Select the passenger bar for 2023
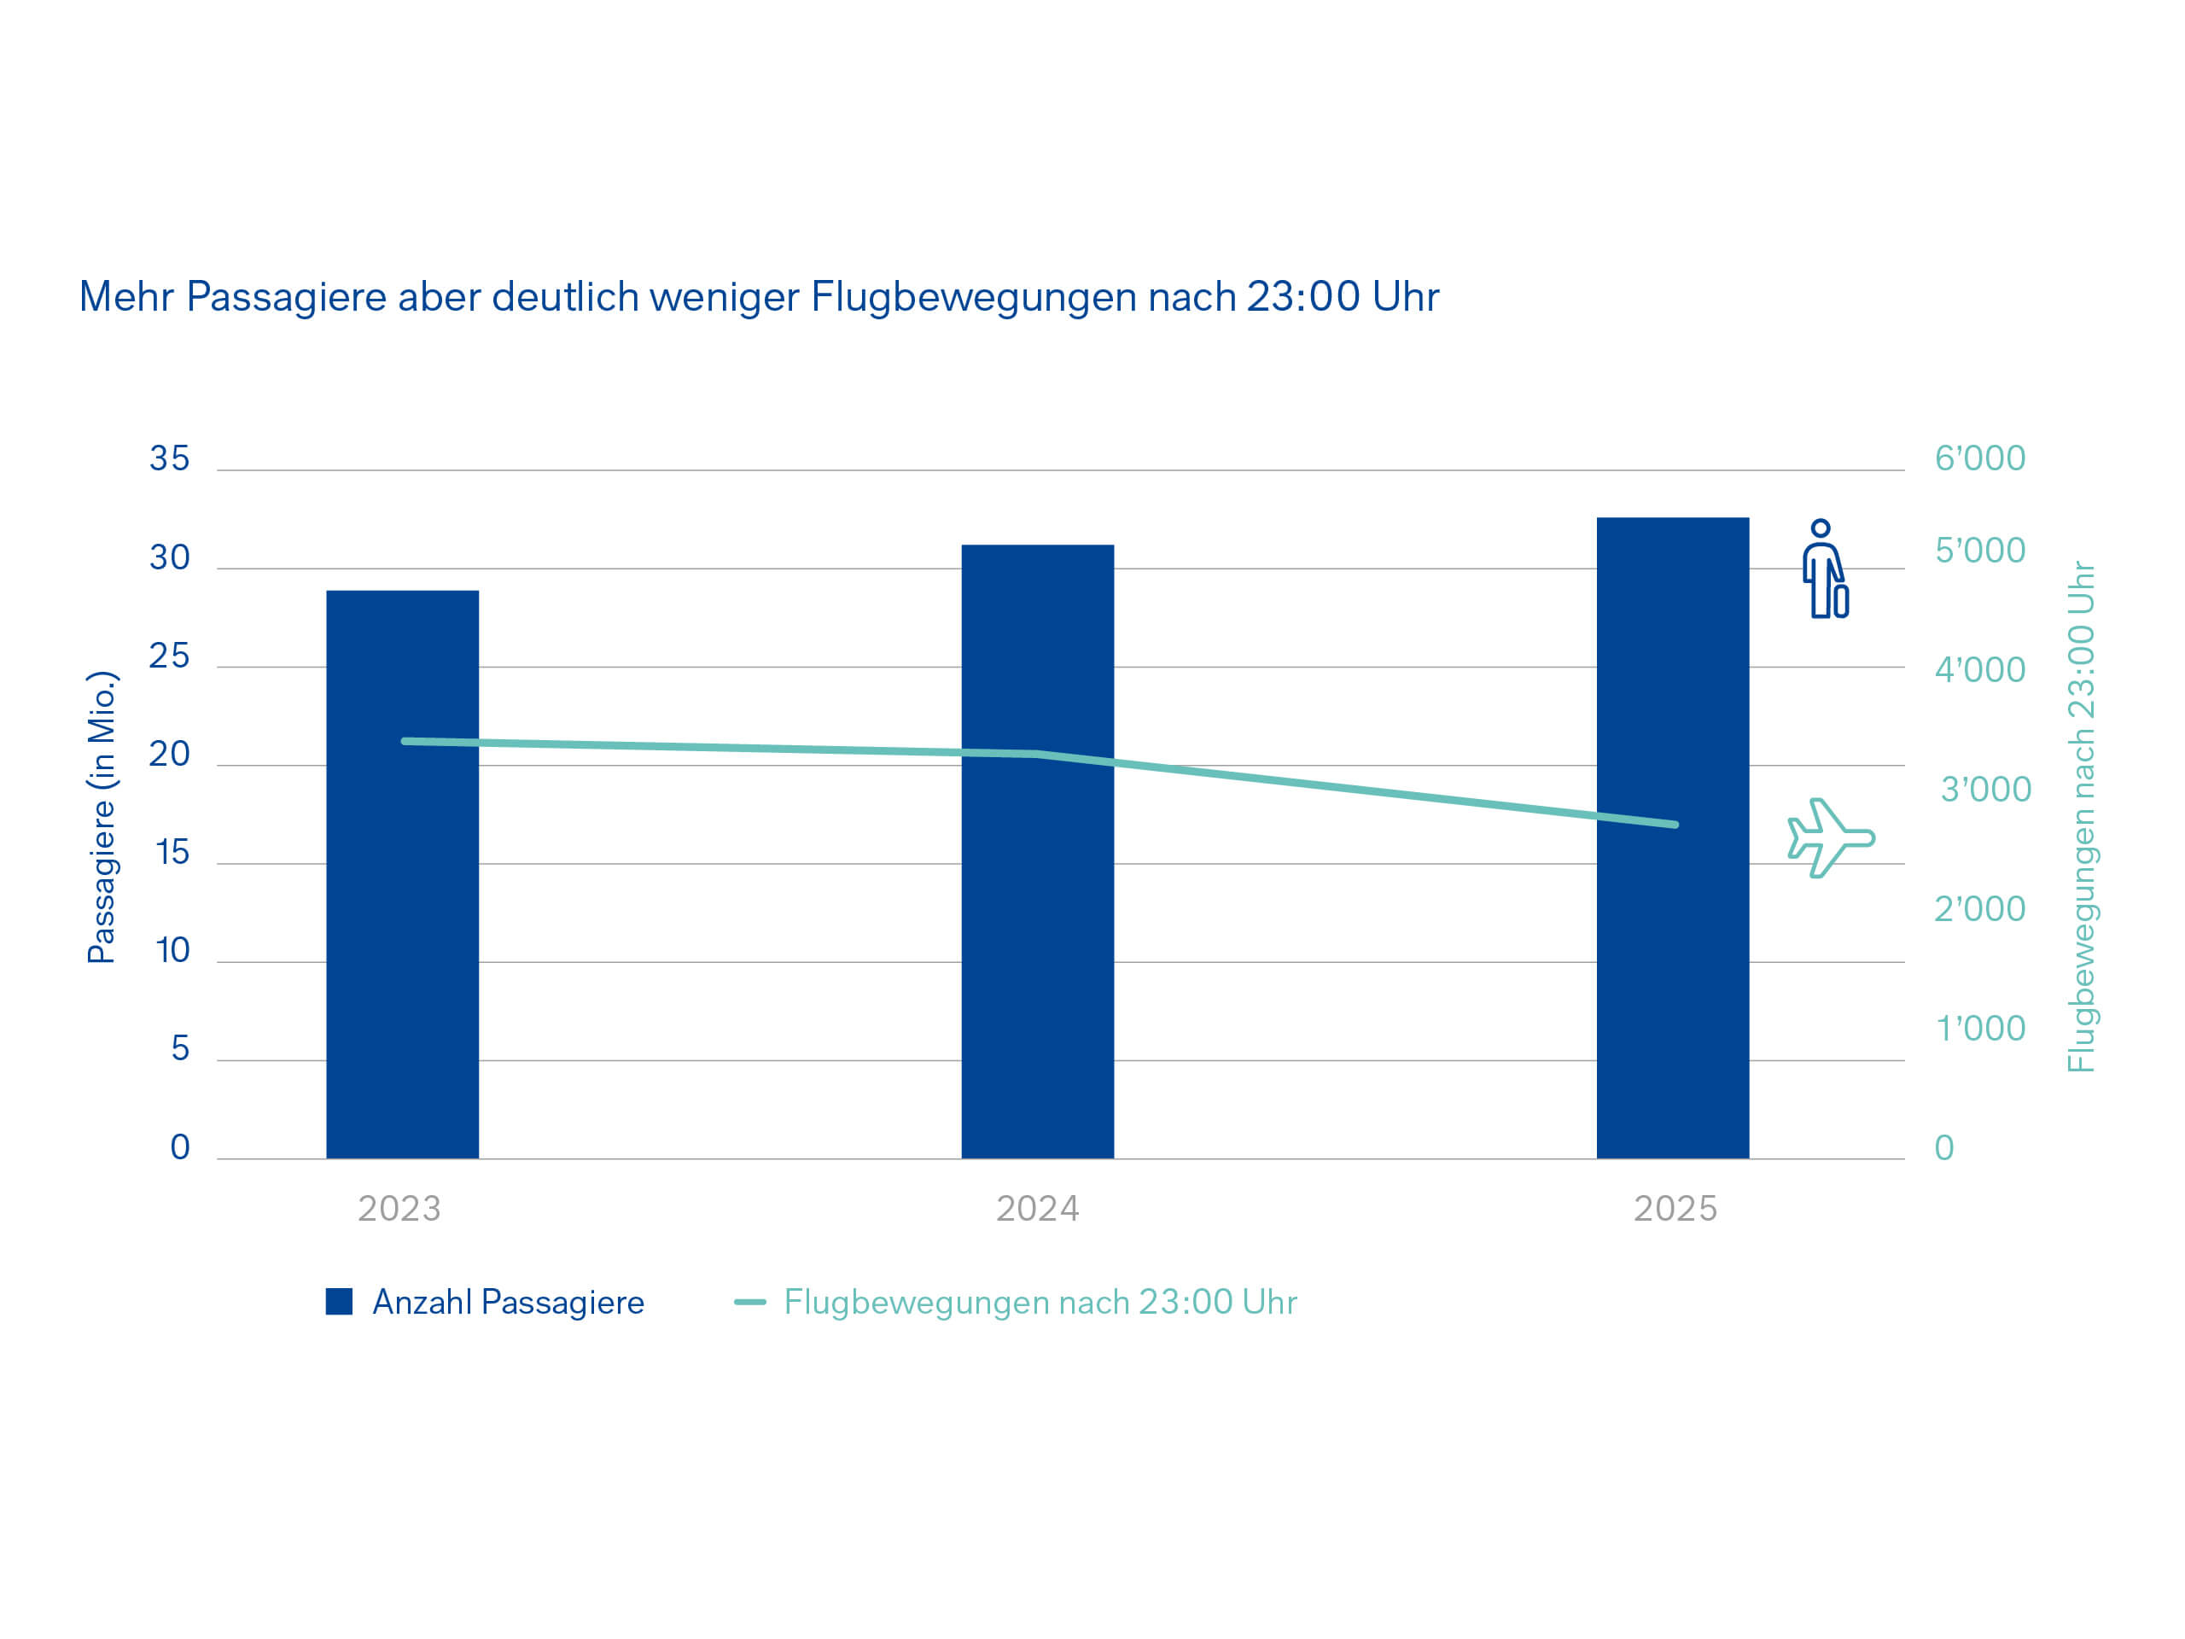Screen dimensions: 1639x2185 click(402, 873)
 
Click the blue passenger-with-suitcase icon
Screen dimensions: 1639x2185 click(1825, 569)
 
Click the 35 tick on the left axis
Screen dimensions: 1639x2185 click(169, 458)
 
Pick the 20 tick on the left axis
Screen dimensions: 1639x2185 click(169, 754)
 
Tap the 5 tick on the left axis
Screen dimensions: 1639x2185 click(180, 1048)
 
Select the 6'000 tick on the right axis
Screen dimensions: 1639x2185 click(1978, 458)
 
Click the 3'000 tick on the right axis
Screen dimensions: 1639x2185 click(1984, 790)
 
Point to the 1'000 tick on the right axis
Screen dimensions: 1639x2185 click(1979, 1029)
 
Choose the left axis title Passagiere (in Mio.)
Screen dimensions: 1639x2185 click(102, 816)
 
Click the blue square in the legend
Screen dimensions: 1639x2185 click(339, 1301)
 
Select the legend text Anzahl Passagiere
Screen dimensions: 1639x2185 click(508, 1302)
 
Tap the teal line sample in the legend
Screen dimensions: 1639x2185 click(749, 1302)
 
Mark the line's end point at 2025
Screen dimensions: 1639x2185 click(1675, 824)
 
